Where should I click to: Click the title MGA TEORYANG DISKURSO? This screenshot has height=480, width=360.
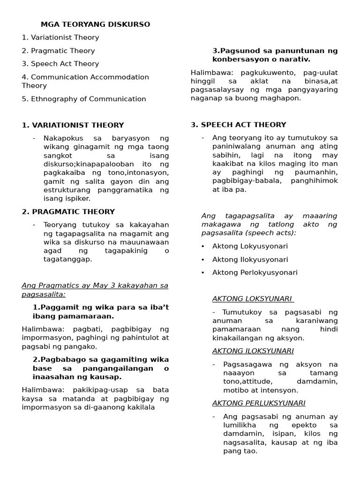click(95, 24)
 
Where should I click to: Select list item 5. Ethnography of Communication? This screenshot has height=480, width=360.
click(84, 99)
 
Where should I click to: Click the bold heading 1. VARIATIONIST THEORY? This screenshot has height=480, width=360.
click(73, 125)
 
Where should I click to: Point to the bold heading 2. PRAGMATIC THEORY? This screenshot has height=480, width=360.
click(68, 212)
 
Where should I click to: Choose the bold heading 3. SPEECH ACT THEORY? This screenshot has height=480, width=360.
click(238, 125)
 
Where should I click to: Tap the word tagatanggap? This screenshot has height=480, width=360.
click(61, 259)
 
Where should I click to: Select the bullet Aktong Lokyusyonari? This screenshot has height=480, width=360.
click(250, 246)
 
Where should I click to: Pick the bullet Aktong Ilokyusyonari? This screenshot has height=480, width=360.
click(250, 259)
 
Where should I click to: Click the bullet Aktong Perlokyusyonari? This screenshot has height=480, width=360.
click(255, 272)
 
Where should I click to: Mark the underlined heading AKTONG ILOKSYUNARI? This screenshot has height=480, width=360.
click(253, 351)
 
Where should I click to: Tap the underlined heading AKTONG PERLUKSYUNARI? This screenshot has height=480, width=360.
click(259, 403)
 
